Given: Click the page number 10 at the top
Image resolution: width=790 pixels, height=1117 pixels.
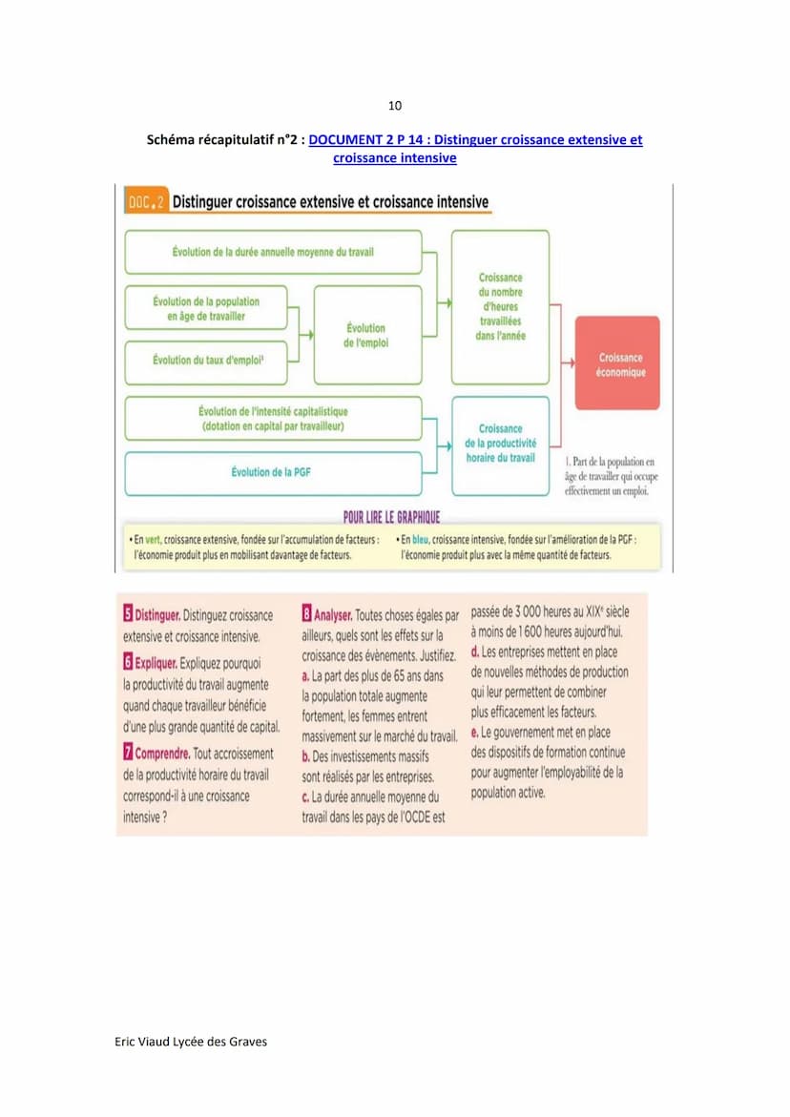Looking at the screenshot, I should point(395,105).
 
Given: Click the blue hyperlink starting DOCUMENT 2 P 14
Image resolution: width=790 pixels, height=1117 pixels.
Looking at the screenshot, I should point(475,140).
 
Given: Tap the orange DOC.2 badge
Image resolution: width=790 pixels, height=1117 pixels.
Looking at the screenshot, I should point(146,203).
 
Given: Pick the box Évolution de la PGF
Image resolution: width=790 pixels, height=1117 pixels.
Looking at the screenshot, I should point(273,472).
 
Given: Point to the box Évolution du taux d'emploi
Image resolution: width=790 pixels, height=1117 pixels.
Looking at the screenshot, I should point(207,361).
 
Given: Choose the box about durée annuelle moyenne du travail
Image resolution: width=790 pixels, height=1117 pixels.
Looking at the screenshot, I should point(273,252).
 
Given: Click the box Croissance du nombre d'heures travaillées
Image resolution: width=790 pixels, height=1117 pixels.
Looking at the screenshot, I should point(500,306).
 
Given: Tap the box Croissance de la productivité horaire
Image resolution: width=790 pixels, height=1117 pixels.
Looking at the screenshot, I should point(500,444).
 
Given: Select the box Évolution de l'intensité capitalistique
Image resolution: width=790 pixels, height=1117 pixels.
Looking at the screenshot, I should point(273,419).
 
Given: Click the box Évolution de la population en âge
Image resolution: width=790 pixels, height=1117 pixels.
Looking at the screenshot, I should point(206,308).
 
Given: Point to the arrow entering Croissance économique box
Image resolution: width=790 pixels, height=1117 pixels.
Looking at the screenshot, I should point(568,363).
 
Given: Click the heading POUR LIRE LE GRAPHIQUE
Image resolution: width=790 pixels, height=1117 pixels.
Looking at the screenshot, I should point(391,517).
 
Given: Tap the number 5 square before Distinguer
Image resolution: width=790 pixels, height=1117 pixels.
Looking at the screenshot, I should point(128,615).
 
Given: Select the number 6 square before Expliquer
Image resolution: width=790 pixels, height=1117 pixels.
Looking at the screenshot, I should point(128,661).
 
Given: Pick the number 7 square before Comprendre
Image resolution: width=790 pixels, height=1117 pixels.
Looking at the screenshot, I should point(128,753).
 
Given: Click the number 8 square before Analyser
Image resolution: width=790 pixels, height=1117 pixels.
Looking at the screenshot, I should point(307,615).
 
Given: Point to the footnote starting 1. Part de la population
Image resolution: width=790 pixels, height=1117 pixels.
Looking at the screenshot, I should point(611,476).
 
